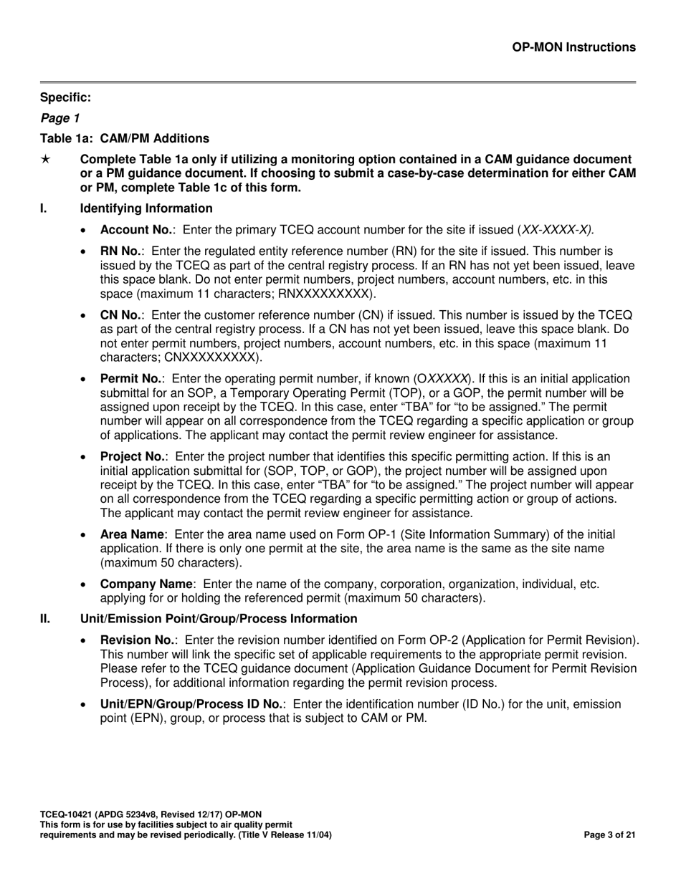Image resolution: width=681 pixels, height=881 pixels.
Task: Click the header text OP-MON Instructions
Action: point(573,47)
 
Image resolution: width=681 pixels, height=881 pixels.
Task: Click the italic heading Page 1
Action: point(60,117)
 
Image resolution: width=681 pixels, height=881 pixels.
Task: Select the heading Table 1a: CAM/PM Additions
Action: point(125,138)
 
